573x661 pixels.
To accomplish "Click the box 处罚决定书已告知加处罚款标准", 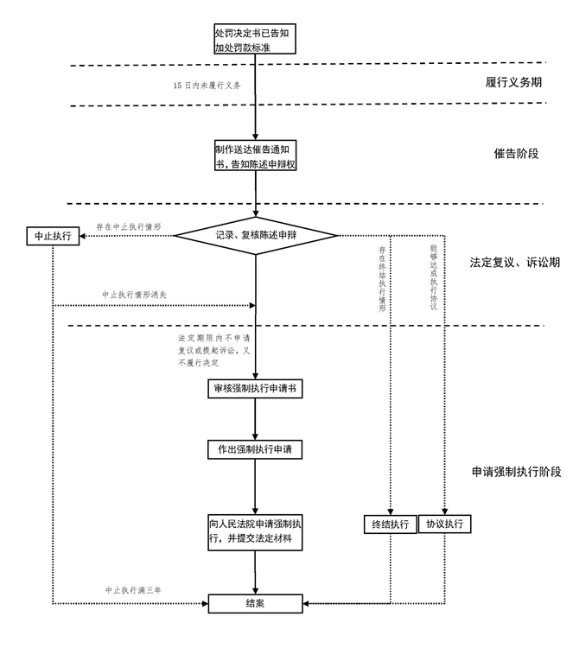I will point(255,40).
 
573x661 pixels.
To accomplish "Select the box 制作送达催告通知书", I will point(256,156).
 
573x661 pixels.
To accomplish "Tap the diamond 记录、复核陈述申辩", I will point(255,234).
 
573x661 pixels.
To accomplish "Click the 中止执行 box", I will point(54,236).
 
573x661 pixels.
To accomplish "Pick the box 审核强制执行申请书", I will point(255,389).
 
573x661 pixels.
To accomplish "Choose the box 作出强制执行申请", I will point(255,449).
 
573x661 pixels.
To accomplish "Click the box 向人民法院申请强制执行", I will point(255,531).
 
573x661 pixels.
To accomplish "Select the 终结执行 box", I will point(390,524).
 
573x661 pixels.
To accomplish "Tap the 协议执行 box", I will point(445,524).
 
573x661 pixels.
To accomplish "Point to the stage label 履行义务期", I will point(513,83).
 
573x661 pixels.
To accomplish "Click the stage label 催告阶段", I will point(516,153).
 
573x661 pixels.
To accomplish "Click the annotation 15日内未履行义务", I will point(207,86).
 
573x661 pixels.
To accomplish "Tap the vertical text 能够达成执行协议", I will point(434,276).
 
